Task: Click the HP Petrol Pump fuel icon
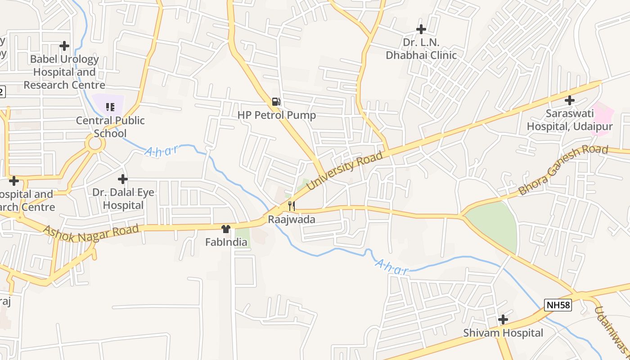click(276, 101)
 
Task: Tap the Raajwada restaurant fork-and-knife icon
click(292, 206)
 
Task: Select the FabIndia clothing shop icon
click(226, 229)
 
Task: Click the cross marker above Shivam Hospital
click(503, 319)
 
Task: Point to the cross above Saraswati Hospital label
click(570, 100)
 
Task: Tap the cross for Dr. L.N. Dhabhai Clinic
click(421, 29)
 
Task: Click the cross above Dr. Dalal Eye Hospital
click(122, 179)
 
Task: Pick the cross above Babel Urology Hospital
click(64, 45)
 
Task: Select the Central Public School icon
click(110, 107)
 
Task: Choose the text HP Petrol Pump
click(277, 115)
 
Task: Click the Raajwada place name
click(292, 220)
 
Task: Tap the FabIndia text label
click(226, 243)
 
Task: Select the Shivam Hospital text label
click(503, 333)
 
